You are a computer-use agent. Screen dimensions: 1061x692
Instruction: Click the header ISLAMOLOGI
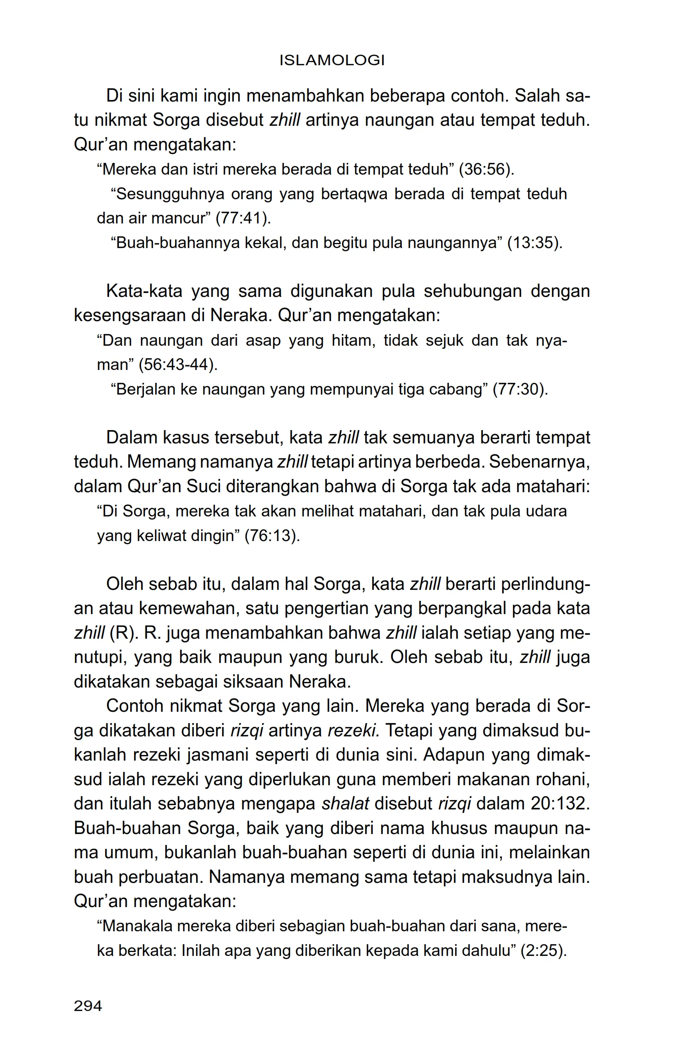click(332, 61)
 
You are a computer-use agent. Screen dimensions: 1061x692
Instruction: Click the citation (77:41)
click(243, 218)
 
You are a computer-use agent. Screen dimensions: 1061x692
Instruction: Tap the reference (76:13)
click(272, 536)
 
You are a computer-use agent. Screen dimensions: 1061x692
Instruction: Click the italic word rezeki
click(353, 731)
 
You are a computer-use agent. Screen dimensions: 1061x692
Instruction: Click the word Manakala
click(136, 926)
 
